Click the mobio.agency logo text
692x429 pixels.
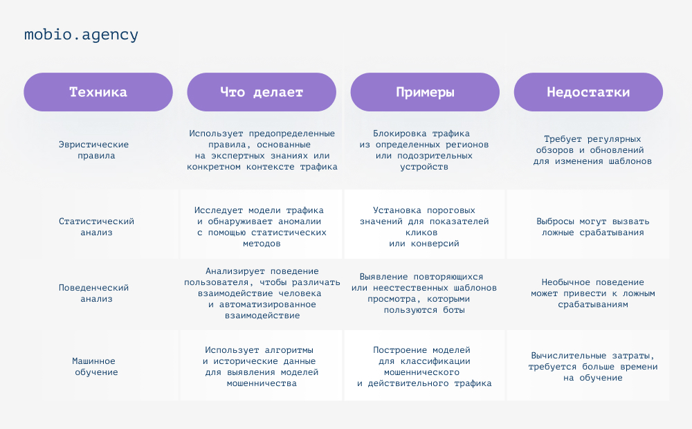81,35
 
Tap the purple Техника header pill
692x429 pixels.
98,92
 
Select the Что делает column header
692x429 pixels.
262,92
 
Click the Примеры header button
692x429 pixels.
425,92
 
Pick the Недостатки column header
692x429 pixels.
588,92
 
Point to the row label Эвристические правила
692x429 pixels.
94,150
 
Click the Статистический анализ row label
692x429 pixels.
96,227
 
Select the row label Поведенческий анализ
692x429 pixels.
94,293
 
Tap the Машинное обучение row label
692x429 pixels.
95,366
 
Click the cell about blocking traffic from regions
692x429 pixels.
424,150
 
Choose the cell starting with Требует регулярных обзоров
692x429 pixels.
592,150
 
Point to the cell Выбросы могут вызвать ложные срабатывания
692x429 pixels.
593,227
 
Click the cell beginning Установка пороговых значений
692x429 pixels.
424,227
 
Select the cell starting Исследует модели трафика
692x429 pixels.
262,227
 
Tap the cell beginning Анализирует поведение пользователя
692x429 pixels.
262,293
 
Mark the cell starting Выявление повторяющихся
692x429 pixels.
424,293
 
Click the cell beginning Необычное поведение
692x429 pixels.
593,293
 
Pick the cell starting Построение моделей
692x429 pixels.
424,366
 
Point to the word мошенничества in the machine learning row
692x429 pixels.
262,383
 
